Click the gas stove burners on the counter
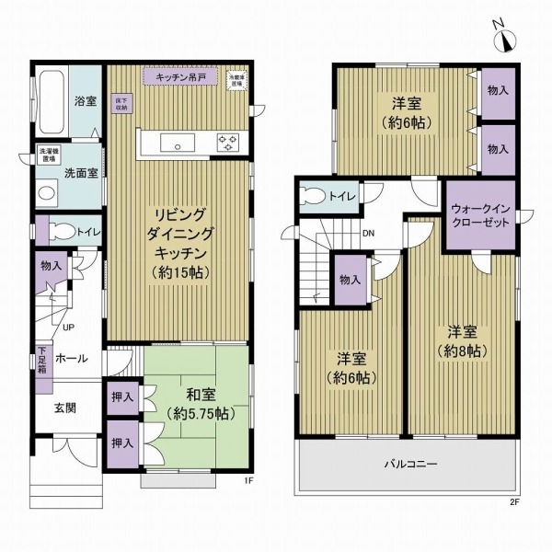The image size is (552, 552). [226, 142]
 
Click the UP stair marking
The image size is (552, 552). [68, 327]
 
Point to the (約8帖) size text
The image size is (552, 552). [461, 351]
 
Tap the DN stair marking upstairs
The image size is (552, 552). [368, 233]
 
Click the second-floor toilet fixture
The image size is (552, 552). [318, 196]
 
